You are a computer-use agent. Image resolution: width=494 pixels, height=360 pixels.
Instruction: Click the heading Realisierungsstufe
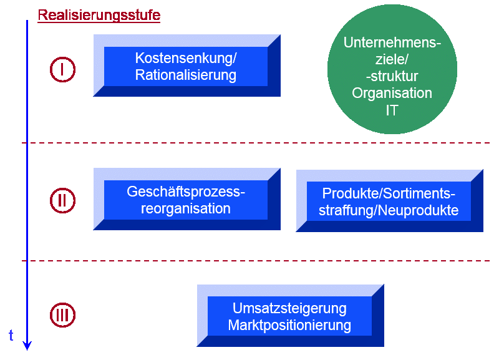[99, 16]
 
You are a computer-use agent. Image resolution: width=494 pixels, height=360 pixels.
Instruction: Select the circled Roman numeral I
[62, 70]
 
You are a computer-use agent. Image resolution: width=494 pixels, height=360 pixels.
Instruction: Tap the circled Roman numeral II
[62, 201]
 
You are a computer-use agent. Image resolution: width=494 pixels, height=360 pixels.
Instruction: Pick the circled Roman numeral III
[62, 315]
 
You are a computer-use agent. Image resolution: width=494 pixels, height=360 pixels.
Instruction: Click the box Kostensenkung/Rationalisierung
[186, 67]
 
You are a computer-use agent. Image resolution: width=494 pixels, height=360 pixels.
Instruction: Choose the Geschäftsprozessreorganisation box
[186, 200]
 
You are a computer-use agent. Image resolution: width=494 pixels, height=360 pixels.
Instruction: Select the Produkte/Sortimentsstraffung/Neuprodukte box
[389, 202]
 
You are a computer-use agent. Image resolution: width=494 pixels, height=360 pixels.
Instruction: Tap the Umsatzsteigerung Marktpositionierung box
[289, 316]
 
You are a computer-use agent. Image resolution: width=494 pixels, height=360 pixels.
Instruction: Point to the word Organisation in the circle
[392, 93]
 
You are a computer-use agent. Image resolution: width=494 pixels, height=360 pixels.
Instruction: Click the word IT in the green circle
[392, 110]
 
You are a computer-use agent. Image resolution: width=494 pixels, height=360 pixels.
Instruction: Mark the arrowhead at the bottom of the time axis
[27, 344]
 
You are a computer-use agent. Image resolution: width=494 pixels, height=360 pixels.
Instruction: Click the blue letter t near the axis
[11, 336]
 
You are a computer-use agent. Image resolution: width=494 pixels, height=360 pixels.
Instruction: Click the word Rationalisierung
[186, 75]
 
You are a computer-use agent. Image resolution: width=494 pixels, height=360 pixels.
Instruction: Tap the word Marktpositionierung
[289, 325]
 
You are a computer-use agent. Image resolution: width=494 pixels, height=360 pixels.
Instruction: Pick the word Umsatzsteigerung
[289, 308]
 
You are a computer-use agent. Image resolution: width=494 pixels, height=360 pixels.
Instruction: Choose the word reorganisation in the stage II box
[186, 208]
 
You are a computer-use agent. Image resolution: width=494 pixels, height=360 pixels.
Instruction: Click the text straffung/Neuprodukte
[389, 210]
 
